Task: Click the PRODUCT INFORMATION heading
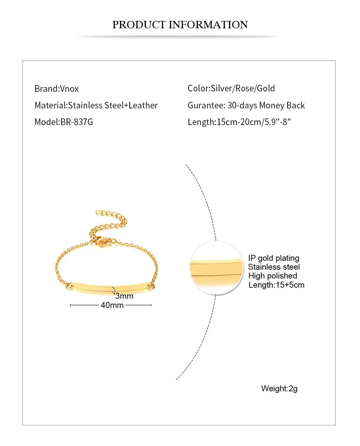(x=180, y=25)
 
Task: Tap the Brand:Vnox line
(x=57, y=89)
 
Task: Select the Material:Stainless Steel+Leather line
(x=96, y=105)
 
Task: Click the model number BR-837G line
(x=64, y=122)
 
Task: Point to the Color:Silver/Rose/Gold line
(x=231, y=88)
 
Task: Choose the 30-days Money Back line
(x=246, y=105)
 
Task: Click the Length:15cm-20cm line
(x=239, y=122)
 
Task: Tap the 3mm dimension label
(x=124, y=296)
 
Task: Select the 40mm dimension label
(x=112, y=305)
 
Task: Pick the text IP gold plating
(x=273, y=258)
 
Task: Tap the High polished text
(x=273, y=276)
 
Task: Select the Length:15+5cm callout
(x=276, y=285)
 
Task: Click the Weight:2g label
(x=279, y=388)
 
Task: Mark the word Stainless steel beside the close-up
(x=274, y=267)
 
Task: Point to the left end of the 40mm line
(x=70, y=305)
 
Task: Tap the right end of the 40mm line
(x=151, y=305)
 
